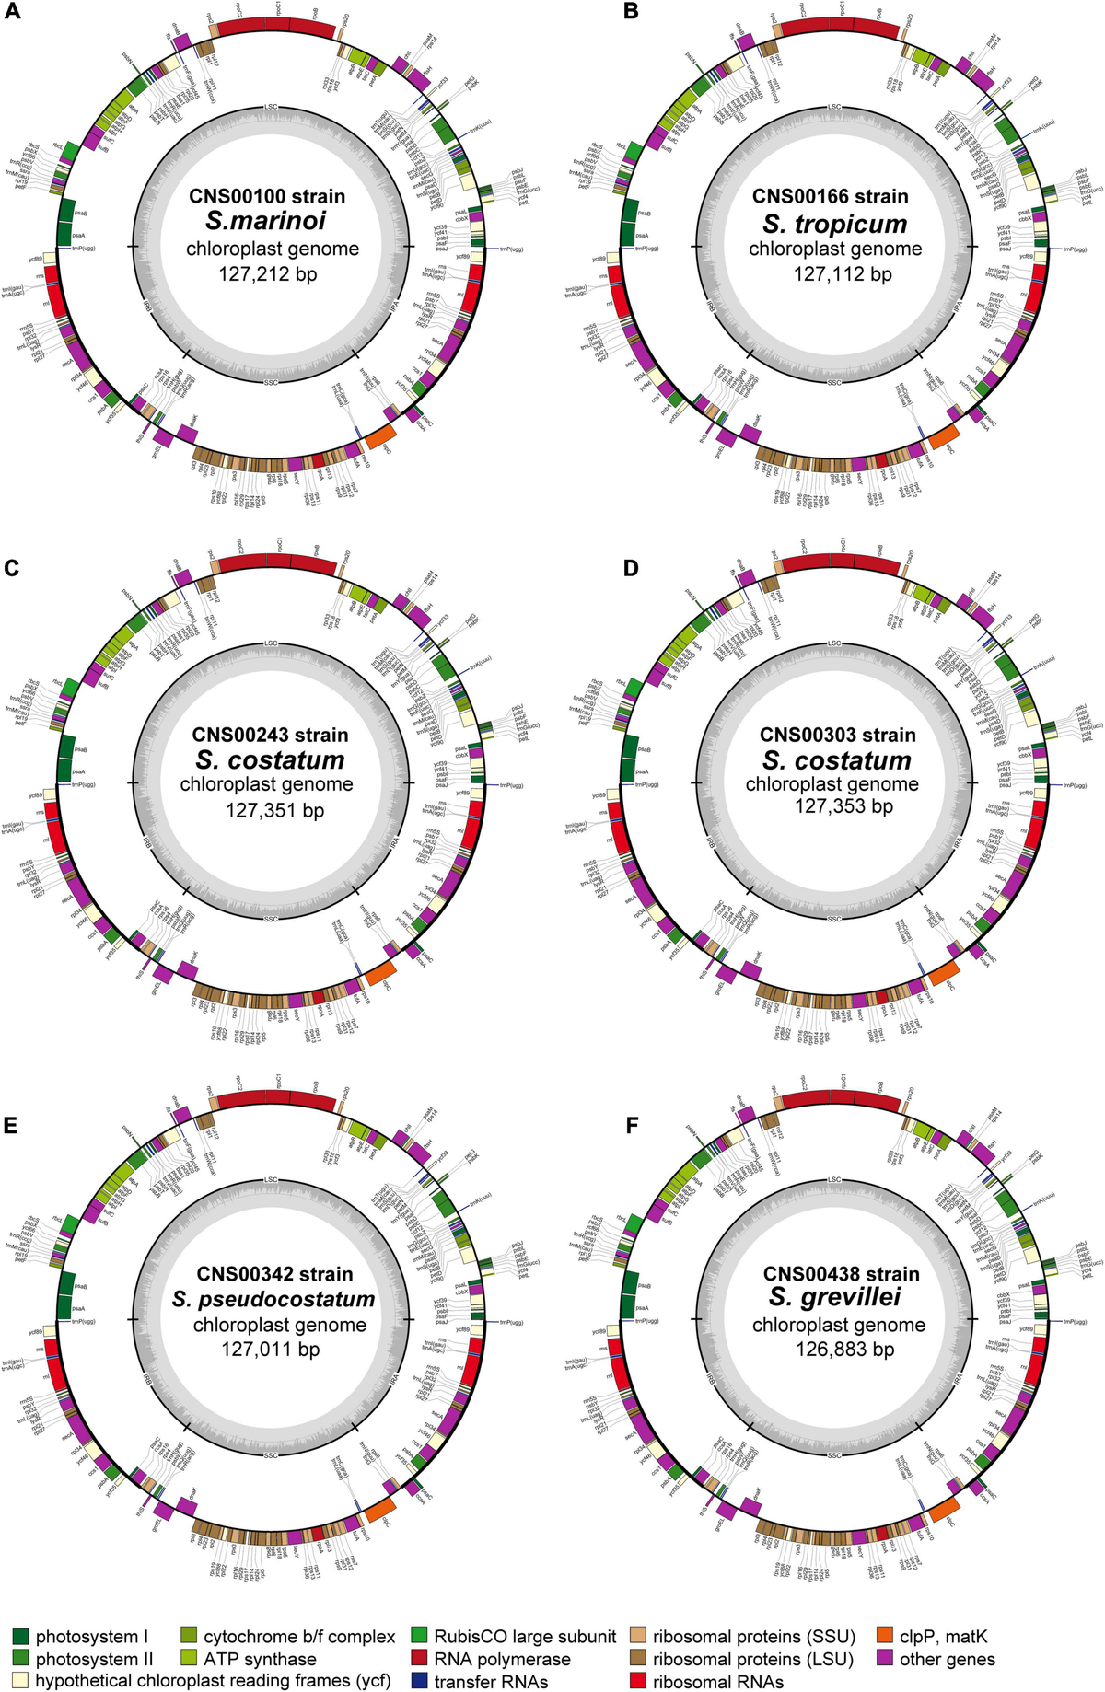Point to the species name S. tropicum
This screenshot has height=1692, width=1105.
click(834, 224)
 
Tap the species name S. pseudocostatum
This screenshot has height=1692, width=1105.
click(273, 1299)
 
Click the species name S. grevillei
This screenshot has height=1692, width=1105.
click(835, 1297)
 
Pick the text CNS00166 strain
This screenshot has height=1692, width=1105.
click(830, 196)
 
